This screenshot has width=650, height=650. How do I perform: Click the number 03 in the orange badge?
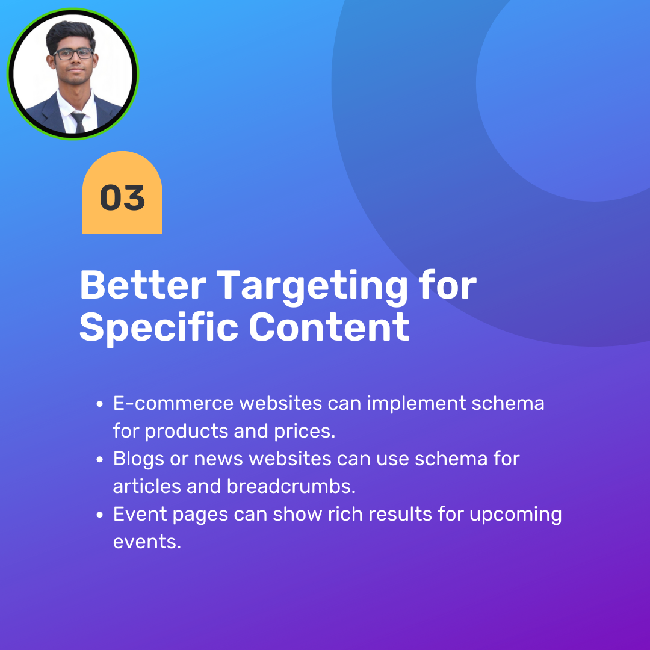point(122,197)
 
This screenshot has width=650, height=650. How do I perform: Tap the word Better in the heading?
point(143,285)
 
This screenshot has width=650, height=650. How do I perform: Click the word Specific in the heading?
point(158,328)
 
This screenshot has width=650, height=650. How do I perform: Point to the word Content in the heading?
point(329,327)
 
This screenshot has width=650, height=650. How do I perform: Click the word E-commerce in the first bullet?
point(173,403)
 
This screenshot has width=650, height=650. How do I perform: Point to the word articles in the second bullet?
point(147,486)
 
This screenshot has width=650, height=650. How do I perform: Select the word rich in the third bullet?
point(345,514)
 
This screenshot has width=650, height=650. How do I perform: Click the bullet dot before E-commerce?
point(99,404)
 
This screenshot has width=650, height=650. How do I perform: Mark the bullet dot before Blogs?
point(99,460)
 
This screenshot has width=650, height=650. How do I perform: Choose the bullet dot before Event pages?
point(99,515)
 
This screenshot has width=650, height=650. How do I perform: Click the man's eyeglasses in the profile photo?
point(73,54)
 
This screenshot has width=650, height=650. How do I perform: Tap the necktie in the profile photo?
point(79,122)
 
